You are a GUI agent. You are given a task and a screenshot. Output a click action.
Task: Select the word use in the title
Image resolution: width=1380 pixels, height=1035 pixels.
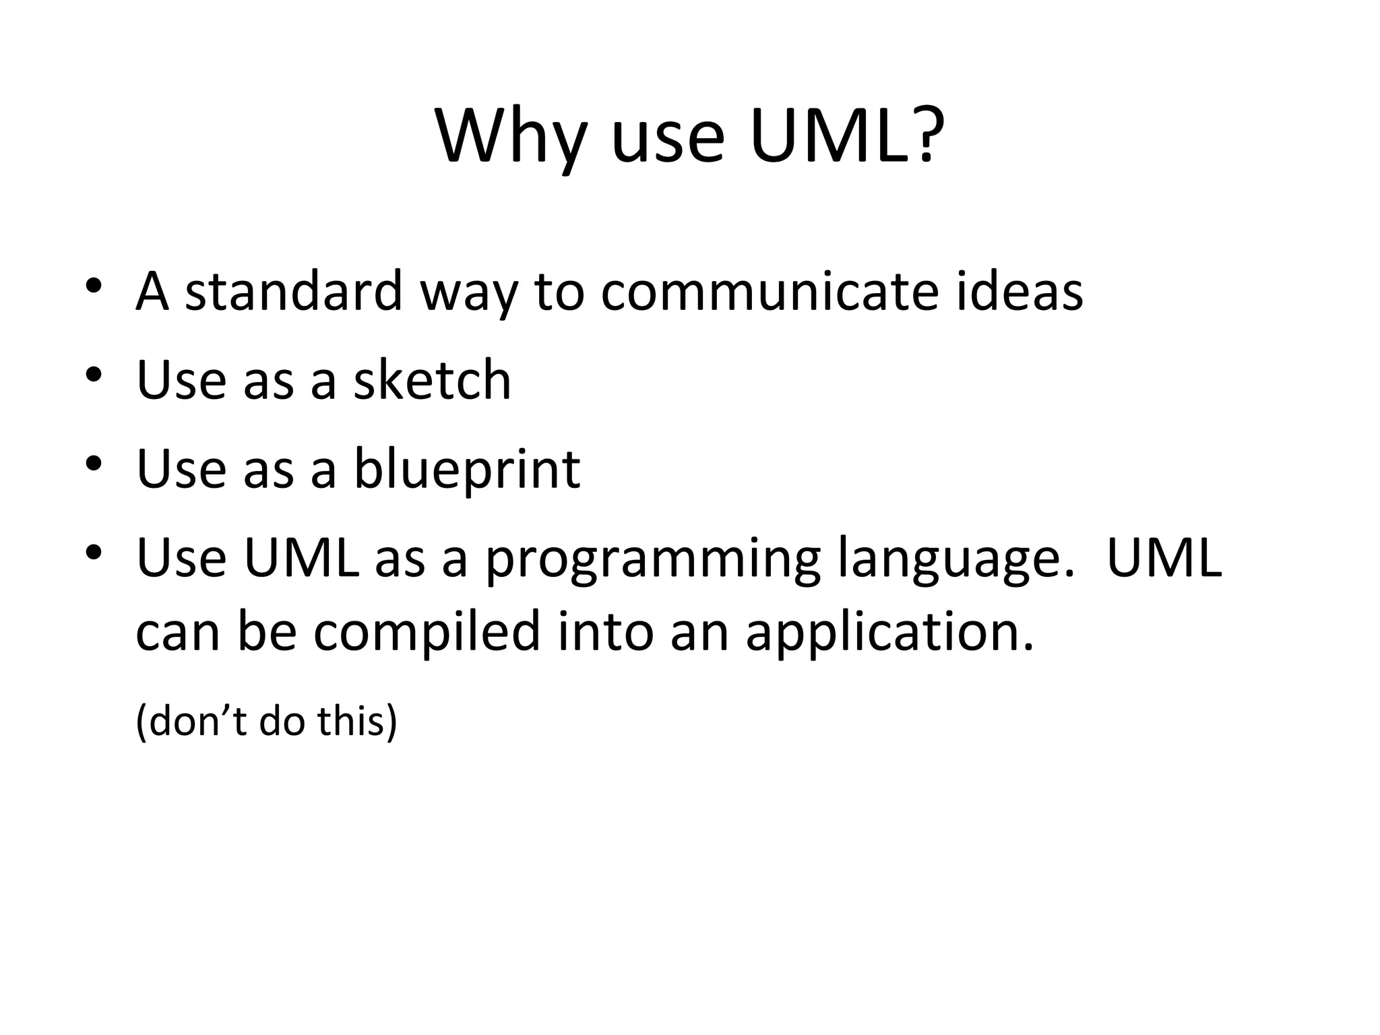(x=668, y=142)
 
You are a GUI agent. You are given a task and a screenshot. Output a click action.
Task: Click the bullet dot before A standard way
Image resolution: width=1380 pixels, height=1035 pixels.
(x=94, y=285)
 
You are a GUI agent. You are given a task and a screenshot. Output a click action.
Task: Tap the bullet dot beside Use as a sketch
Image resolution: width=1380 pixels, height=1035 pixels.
(x=94, y=373)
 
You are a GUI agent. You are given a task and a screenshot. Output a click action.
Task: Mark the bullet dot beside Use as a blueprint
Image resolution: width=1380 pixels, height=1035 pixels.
(x=94, y=463)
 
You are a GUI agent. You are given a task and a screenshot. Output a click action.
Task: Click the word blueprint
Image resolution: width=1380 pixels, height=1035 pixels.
(x=466, y=470)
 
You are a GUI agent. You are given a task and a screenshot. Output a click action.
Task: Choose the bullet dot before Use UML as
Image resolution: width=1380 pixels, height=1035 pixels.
(x=94, y=552)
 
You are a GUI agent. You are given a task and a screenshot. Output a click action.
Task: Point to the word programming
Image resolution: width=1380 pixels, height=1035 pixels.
(x=652, y=559)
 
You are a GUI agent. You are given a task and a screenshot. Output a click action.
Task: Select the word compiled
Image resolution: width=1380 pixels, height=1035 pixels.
(x=427, y=631)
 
